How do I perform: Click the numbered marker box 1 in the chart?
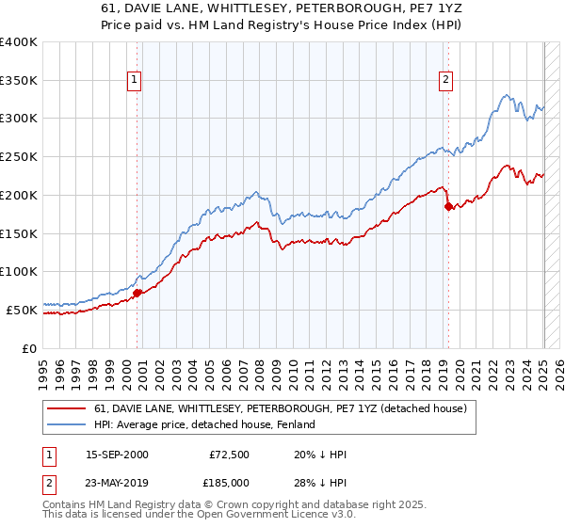[x=136, y=81]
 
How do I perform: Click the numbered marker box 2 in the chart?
[x=444, y=81]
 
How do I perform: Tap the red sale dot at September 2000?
[x=137, y=293]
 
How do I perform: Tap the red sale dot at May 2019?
[x=448, y=207]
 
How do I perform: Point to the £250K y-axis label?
[x=19, y=157]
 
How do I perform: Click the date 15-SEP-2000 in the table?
[x=117, y=455]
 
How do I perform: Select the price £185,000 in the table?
[x=231, y=483]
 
